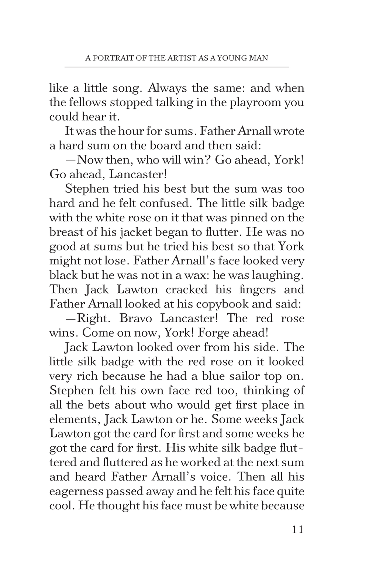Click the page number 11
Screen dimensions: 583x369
click(297, 530)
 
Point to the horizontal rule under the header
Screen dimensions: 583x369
click(176, 67)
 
